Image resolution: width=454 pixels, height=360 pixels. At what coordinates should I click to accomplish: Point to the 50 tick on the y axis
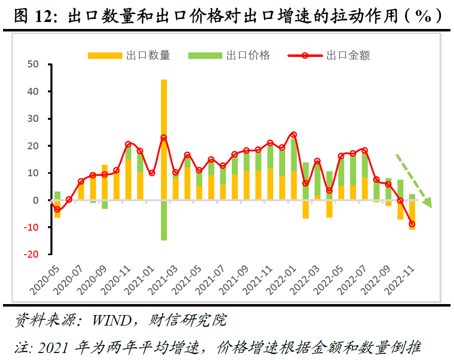(33, 64)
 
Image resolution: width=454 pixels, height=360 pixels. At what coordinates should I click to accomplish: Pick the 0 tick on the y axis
(35, 200)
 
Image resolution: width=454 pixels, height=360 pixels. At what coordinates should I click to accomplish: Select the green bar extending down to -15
(164, 220)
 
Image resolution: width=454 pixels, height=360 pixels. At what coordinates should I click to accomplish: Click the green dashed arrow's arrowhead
(427, 203)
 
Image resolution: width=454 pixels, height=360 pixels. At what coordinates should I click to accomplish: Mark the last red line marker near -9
(412, 224)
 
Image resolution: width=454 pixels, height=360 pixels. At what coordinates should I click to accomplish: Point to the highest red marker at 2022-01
(294, 134)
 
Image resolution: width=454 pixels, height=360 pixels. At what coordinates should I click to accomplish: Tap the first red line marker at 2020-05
(57, 210)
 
